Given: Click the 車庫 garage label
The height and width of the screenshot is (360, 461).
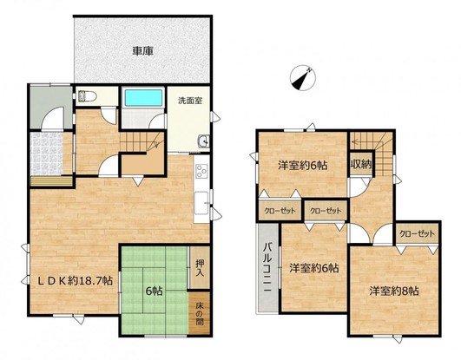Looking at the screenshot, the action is [142, 51].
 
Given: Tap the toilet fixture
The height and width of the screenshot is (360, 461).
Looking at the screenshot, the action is [88, 95].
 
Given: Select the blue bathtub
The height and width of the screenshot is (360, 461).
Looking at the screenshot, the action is [143, 98].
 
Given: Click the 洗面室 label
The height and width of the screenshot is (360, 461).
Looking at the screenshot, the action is [190, 101].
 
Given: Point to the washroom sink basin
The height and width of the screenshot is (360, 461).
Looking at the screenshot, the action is [203, 141].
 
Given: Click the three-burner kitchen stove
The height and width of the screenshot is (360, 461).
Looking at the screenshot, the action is [202, 171].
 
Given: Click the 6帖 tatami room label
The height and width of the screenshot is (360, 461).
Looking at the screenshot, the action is [154, 291].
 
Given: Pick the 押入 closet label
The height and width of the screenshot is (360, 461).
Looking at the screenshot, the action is [200, 268].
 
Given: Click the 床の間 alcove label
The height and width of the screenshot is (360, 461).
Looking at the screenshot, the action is [200, 314].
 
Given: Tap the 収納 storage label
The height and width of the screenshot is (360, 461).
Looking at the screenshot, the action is [361, 165].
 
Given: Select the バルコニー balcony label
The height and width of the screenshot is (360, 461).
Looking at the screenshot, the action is [267, 267].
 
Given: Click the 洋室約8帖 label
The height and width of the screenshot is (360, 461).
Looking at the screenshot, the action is [394, 291].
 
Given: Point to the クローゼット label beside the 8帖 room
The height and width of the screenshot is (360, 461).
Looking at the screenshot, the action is [417, 233].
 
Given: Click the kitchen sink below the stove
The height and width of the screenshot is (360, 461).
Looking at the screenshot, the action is [201, 203].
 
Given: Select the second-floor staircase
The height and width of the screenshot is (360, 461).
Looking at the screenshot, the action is [372, 153].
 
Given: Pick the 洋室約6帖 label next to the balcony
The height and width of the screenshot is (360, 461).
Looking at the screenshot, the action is [313, 268].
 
